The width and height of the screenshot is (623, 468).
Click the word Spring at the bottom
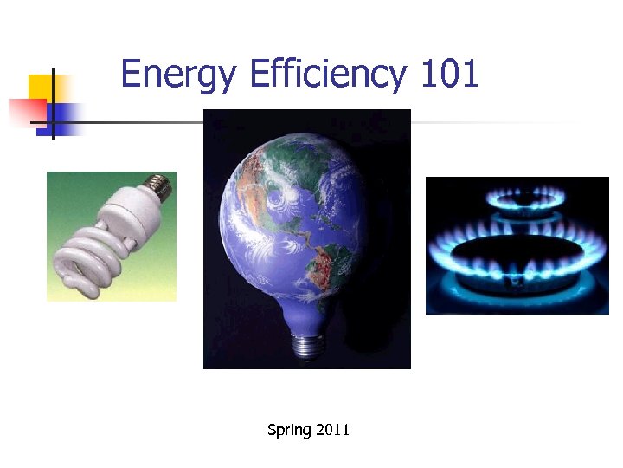pos(288,429)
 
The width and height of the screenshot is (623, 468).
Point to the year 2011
pos(332,429)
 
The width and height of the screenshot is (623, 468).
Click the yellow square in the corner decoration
pos(41,87)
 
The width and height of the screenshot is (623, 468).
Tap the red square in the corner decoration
pos(26,112)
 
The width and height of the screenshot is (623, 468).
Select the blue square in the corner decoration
pos(65,115)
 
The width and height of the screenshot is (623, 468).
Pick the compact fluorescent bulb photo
pos(112,236)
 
